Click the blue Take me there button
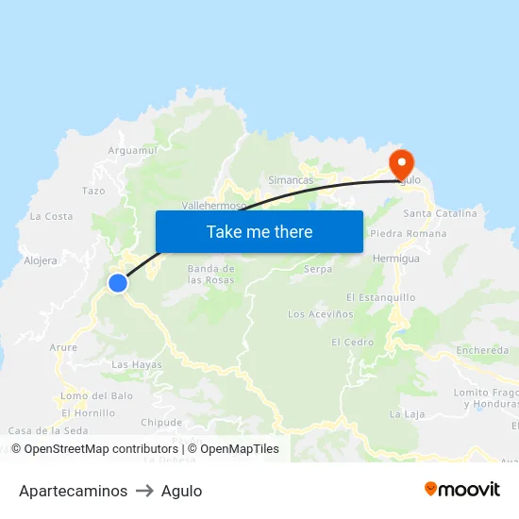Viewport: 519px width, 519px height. pyautogui.click(x=259, y=231)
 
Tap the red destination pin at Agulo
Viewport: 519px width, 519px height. pyautogui.click(x=402, y=162)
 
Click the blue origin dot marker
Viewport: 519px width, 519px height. pyautogui.click(x=118, y=283)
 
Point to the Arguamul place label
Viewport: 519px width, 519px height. pyautogui.click(x=132, y=150)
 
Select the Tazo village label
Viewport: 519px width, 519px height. pyautogui.click(x=93, y=191)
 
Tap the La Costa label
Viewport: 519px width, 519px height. pyautogui.click(x=51, y=216)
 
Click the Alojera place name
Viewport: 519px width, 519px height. pyautogui.click(x=41, y=260)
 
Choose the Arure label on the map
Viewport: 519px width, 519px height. pyautogui.click(x=63, y=347)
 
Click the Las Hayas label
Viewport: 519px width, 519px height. pyautogui.click(x=137, y=364)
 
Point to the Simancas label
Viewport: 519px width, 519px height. pyautogui.click(x=291, y=180)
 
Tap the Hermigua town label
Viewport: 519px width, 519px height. pyautogui.click(x=395, y=258)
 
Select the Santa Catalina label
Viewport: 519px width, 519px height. pyautogui.click(x=440, y=213)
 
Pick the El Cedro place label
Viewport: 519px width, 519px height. pyautogui.click(x=352, y=342)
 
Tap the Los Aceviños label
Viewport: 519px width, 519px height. pyautogui.click(x=320, y=314)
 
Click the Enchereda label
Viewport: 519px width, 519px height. pyautogui.click(x=482, y=350)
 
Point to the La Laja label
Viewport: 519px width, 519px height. pyautogui.click(x=408, y=413)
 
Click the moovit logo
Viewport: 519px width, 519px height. pyautogui.click(x=462, y=489)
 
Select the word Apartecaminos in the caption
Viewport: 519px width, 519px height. pyautogui.click(x=73, y=491)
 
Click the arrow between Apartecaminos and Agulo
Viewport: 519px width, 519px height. pyautogui.click(x=144, y=491)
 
